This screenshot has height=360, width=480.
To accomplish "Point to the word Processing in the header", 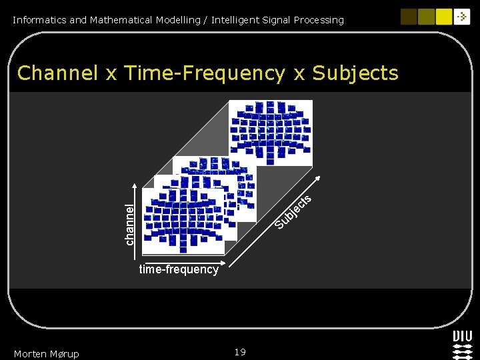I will pos(318,20).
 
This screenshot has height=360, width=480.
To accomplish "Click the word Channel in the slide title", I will pos(57,73).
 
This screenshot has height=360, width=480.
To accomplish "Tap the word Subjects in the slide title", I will pos(355,73).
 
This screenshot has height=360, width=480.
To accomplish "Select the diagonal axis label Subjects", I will pos(294,211).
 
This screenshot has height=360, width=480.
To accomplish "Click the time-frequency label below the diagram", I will pos(179,269).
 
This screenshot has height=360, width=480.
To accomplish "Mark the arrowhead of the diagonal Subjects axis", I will pos(320,178).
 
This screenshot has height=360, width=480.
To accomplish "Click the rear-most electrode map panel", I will pos(270,132).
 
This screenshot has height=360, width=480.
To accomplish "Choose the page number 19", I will pos(240,352).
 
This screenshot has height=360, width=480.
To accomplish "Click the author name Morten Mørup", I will pos(46,353).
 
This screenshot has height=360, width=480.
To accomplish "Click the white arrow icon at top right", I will pos(462,17).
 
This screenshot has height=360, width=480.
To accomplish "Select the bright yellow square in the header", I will pos(444,17).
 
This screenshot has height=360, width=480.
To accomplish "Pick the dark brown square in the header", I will pos(409,17).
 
